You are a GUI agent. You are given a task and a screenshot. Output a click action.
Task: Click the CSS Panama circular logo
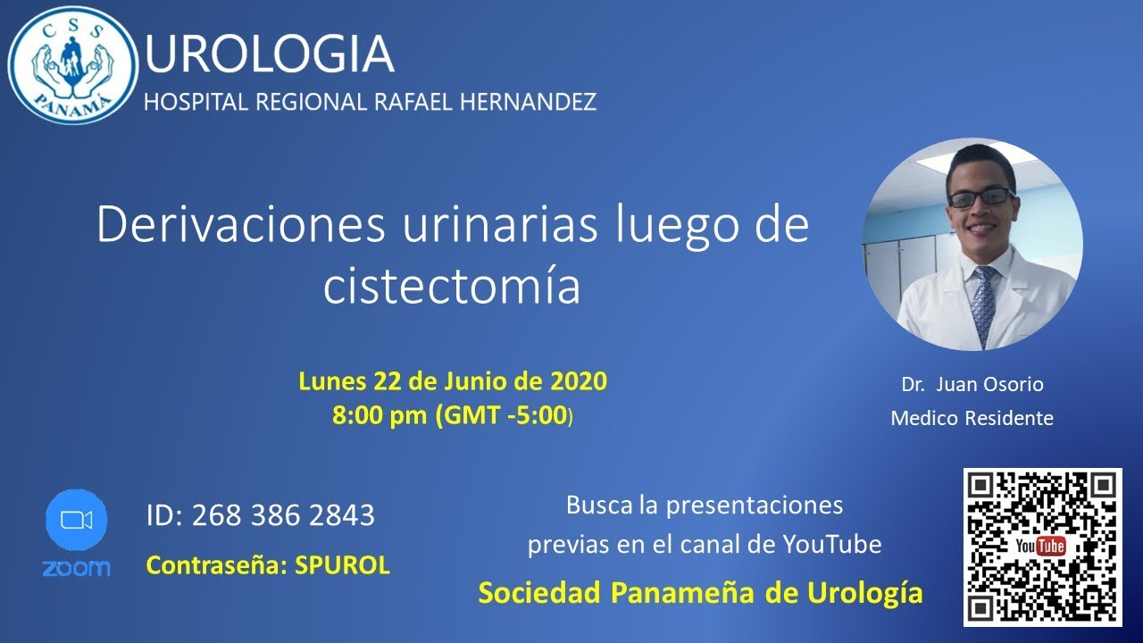(73, 65)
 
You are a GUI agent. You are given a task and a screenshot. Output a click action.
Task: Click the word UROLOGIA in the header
(269, 54)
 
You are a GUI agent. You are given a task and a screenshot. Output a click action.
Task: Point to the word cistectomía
(452, 286)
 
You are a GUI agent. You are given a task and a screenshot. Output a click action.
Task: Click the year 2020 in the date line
(578, 381)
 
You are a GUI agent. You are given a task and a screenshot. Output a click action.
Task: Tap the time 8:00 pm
(380, 415)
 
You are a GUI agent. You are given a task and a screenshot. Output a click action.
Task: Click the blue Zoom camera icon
(76, 521)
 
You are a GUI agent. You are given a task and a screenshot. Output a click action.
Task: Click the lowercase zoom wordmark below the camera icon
(76, 568)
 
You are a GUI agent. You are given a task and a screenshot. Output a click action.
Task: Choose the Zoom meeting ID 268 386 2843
(283, 515)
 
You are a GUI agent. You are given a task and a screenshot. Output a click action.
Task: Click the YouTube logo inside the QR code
(1041, 547)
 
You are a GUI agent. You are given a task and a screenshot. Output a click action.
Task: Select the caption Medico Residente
(972, 418)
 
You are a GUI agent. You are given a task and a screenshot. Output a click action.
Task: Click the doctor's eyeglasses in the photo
(980, 197)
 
